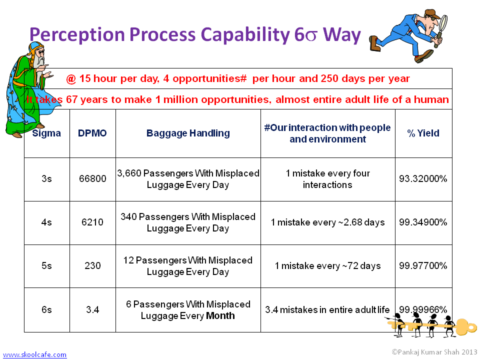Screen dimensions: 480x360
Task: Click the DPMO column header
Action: pos(92,133)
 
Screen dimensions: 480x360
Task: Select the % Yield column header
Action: pos(423,133)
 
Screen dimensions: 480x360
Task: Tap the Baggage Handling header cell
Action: pos(188,133)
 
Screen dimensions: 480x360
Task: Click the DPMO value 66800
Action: pos(92,178)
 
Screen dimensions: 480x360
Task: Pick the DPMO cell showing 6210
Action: pos(92,222)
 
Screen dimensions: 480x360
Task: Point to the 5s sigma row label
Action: pos(46,265)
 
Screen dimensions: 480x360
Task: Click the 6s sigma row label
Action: pos(46,309)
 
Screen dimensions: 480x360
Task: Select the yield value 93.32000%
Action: pos(423,178)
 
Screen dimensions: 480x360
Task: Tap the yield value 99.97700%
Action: pos(423,265)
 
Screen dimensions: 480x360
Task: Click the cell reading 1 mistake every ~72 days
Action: pos(327,265)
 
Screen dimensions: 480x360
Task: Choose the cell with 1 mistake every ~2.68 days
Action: pos(327,222)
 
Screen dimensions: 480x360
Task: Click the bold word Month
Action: pos(220,315)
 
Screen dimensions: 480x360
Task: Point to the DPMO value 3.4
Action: pos(92,309)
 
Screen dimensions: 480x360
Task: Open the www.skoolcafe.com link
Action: pos(34,354)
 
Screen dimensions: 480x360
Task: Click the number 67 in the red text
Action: pos(71,99)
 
